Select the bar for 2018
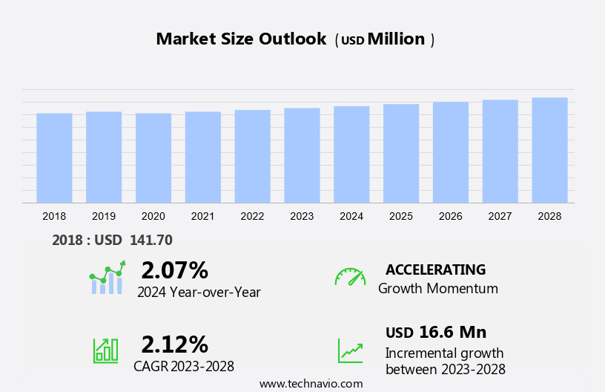(x=54, y=157)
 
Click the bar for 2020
(x=153, y=157)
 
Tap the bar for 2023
(x=302, y=155)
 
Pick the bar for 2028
(x=549, y=150)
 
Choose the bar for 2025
(x=401, y=153)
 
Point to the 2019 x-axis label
(x=104, y=216)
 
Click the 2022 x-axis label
(x=252, y=216)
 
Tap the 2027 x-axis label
(x=500, y=216)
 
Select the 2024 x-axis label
(x=351, y=216)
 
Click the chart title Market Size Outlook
(x=241, y=39)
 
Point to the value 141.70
(x=151, y=240)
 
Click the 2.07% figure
(x=174, y=270)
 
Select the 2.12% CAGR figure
(x=174, y=344)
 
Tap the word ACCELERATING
(x=435, y=269)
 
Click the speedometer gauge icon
(x=350, y=277)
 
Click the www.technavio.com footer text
(x=311, y=384)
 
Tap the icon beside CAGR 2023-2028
(x=106, y=350)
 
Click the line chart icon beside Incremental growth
(x=350, y=350)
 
